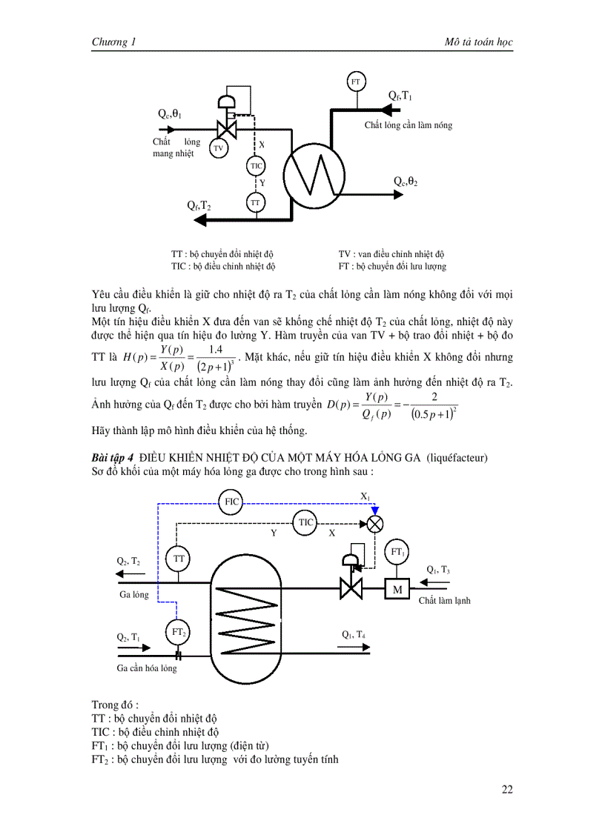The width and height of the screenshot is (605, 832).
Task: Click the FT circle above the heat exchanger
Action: tap(355, 81)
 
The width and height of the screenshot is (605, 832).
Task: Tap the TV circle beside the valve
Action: tap(219, 148)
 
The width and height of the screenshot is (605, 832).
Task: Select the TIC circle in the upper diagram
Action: tap(256, 165)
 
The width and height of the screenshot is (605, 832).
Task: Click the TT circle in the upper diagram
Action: tap(256, 202)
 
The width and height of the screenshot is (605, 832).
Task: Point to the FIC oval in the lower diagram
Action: tap(232, 502)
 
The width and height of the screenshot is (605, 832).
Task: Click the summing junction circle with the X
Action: tap(374, 524)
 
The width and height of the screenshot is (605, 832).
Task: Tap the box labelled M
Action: tap(397, 589)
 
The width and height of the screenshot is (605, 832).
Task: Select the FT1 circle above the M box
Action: tap(397, 552)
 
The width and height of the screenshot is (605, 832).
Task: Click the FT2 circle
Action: tap(178, 632)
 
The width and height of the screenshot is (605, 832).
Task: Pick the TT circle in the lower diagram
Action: tap(178, 559)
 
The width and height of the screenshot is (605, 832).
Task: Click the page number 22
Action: tap(507, 789)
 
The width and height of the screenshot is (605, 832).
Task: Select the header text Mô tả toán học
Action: tap(475, 42)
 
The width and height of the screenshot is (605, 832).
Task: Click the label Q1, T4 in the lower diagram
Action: tap(353, 634)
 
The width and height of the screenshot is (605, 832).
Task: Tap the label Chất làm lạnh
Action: tap(444, 600)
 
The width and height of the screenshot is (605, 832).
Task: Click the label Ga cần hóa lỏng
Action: tap(147, 668)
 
